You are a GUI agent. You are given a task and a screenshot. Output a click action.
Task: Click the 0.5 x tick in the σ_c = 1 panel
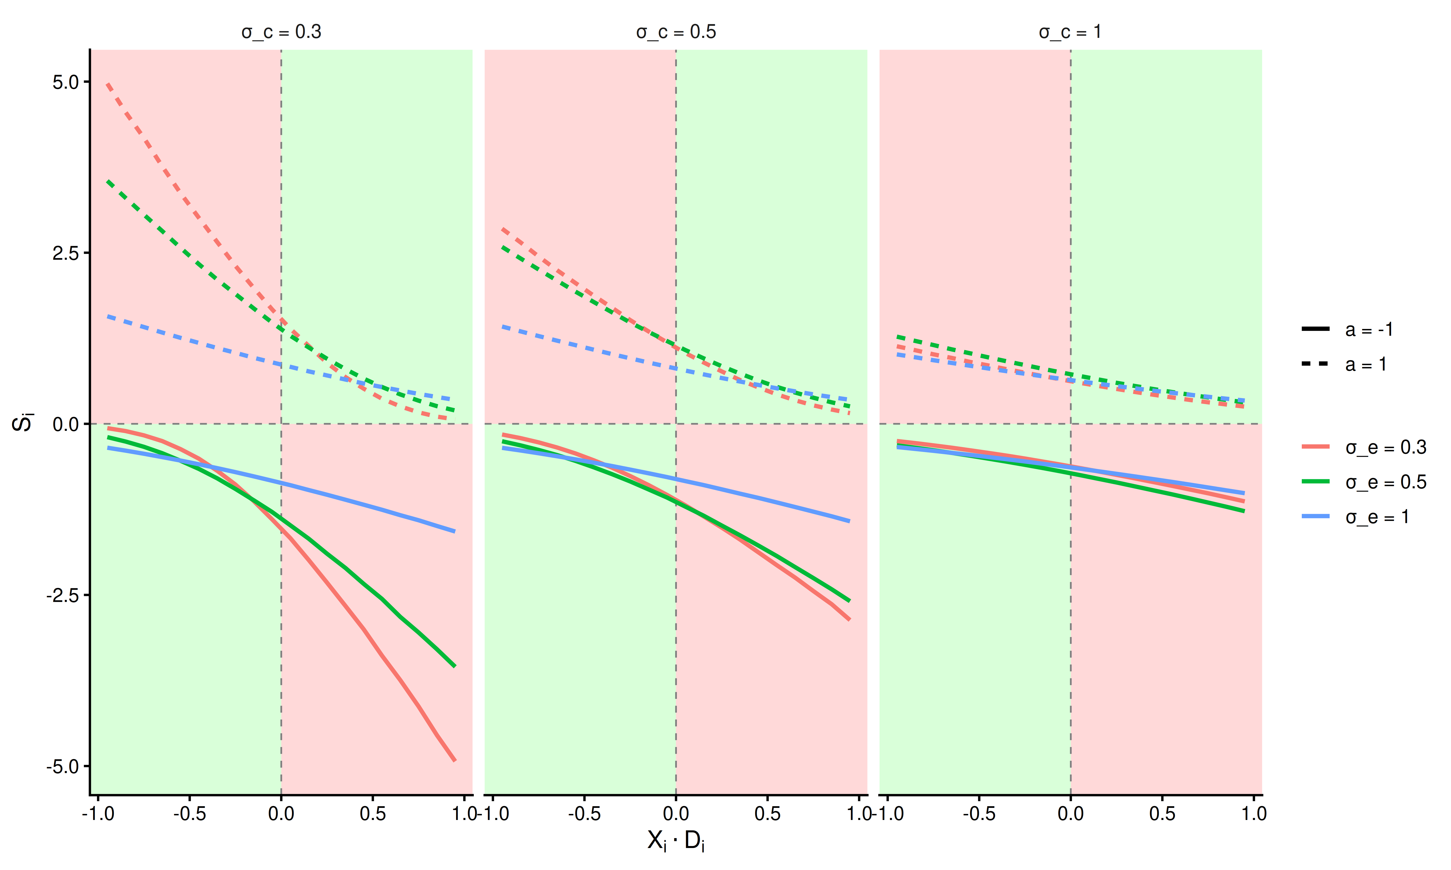1162,814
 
